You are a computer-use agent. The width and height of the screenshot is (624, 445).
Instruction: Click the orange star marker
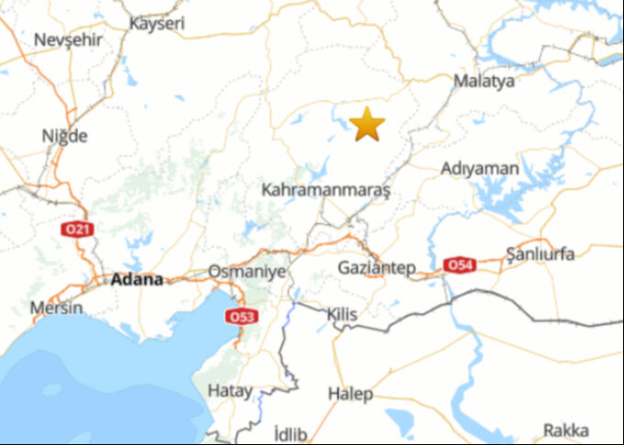367,124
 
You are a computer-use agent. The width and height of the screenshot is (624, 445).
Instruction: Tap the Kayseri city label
158,22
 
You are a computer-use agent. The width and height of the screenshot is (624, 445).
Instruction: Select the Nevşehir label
68,39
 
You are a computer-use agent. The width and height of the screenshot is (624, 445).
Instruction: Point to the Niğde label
65,136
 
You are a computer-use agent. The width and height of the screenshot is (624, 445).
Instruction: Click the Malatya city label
484,81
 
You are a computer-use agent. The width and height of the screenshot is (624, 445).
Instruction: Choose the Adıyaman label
479,169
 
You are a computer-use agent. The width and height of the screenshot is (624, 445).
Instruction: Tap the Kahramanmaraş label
325,191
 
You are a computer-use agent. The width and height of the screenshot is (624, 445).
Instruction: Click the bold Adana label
137,280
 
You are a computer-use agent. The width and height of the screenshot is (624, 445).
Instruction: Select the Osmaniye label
247,272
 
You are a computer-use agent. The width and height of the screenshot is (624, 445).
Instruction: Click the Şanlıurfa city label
541,254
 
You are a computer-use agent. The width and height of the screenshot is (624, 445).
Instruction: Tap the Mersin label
56,307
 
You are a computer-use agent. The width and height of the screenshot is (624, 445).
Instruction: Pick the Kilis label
342,315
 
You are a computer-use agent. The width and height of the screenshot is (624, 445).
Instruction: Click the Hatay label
229,390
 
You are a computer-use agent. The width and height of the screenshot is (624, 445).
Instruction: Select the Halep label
350,394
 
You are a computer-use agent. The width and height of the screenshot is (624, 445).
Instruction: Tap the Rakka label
565,429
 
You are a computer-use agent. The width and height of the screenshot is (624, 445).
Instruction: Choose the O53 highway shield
241,317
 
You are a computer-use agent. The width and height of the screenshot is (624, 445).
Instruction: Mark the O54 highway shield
459,265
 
